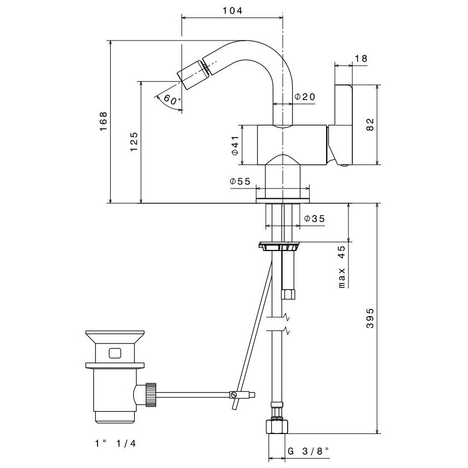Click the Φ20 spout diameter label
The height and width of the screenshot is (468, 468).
click(305, 97)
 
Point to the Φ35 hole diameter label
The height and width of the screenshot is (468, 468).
click(314, 218)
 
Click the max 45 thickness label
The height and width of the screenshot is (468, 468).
click(341, 267)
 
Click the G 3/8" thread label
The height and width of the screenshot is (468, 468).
click(309, 451)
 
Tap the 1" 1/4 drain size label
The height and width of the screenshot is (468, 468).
click(115, 443)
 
